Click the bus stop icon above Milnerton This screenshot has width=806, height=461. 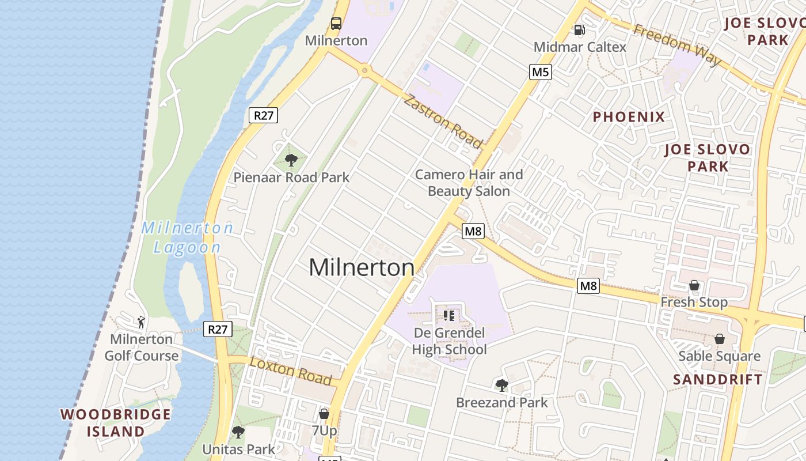pyautogui.click(x=336, y=24)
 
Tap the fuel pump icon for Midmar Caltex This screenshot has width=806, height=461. pyautogui.click(x=580, y=30)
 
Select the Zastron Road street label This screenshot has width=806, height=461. pyautogui.click(x=443, y=122)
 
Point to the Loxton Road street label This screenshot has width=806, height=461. pyautogui.click(x=291, y=371)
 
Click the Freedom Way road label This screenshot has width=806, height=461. pyautogui.click(x=677, y=45)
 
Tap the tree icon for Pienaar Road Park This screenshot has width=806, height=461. pyautogui.click(x=291, y=160)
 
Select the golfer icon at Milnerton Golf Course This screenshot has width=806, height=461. pyautogui.click(x=141, y=322)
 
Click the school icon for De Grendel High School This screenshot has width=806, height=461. pyautogui.click(x=449, y=315)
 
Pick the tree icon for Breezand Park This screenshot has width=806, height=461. pyautogui.click(x=502, y=385)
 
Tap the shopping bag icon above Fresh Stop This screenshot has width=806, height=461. pyautogui.click(x=694, y=285)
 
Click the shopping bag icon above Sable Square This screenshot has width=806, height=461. pyautogui.click(x=720, y=339)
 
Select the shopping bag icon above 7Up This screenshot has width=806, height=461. pyautogui.click(x=324, y=413)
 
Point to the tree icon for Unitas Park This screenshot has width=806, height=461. pyautogui.click(x=238, y=432)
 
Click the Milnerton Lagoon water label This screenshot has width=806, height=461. pyautogui.click(x=188, y=237)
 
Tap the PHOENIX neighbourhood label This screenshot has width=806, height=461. pyautogui.click(x=629, y=117)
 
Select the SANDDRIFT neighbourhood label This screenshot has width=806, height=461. pyautogui.click(x=718, y=379)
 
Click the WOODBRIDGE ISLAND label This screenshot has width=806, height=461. pyautogui.click(x=116, y=422)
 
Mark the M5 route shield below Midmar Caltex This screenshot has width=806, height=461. pyautogui.click(x=541, y=71)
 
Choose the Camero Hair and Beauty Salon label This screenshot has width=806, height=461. pyautogui.click(x=469, y=183)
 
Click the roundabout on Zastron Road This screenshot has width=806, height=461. pyautogui.click(x=364, y=71)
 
